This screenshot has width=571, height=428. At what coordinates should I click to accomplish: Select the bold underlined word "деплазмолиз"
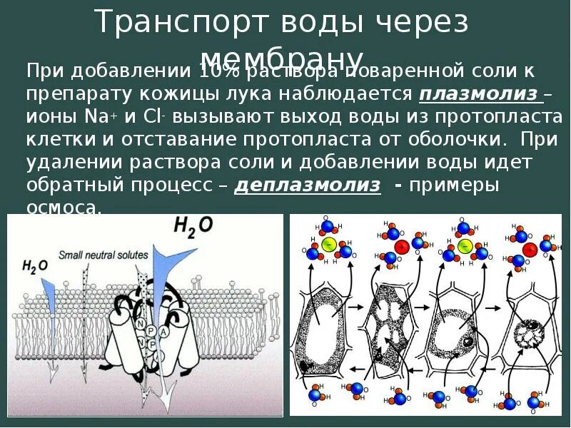point(308,185)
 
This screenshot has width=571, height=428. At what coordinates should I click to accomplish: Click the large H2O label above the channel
point(193,226)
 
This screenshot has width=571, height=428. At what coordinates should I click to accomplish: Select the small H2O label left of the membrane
point(34,267)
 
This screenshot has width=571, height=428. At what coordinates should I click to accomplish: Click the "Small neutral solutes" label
point(103,254)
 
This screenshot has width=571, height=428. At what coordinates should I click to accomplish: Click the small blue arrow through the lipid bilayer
point(50,300)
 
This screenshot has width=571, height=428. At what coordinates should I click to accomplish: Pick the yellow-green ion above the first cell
point(329,245)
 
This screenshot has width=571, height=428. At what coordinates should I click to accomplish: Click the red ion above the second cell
point(401,247)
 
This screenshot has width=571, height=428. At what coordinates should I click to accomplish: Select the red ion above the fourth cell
point(530,249)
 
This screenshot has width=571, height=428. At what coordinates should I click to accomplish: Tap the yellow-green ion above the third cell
point(465,247)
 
